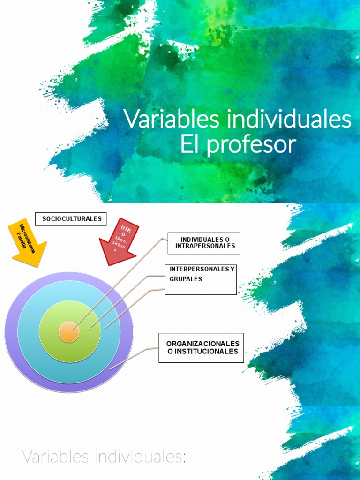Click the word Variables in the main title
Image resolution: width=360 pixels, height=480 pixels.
coord(172,120)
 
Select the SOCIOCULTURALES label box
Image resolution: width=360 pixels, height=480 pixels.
coord(72,219)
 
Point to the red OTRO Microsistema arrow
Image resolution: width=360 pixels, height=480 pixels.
coord(118,242)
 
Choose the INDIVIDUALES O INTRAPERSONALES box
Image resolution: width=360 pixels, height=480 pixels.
coord(204,243)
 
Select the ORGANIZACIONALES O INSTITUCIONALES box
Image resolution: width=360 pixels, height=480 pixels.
coord(202,347)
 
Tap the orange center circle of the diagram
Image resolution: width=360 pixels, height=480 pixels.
coord(69,332)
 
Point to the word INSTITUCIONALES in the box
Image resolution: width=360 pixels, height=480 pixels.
coord(203,351)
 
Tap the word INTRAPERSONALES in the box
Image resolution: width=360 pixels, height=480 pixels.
coord(205,246)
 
